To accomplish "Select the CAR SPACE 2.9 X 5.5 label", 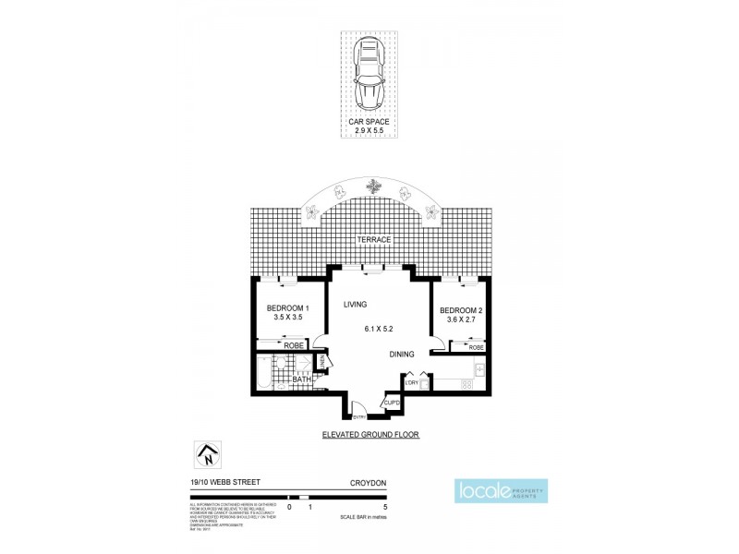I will pyautogui.click(x=369, y=126).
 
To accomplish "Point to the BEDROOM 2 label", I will pyautogui.click(x=459, y=310).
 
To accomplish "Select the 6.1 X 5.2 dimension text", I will pyautogui.click(x=381, y=329).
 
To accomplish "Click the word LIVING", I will pyautogui.click(x=356, y=304).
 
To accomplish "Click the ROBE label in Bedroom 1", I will pyautogui.click(x=293, y=345).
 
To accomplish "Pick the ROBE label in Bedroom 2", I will pyautogui.click(x=475, y=347).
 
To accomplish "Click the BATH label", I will pyautogui.click(x=301, y=379).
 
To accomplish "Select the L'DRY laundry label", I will pyautogui.click(x=412, y=382).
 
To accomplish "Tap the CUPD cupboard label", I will pyautogui.click(x=390, y=403).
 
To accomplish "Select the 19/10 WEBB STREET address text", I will pyautogui.click(x=212, y=482).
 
